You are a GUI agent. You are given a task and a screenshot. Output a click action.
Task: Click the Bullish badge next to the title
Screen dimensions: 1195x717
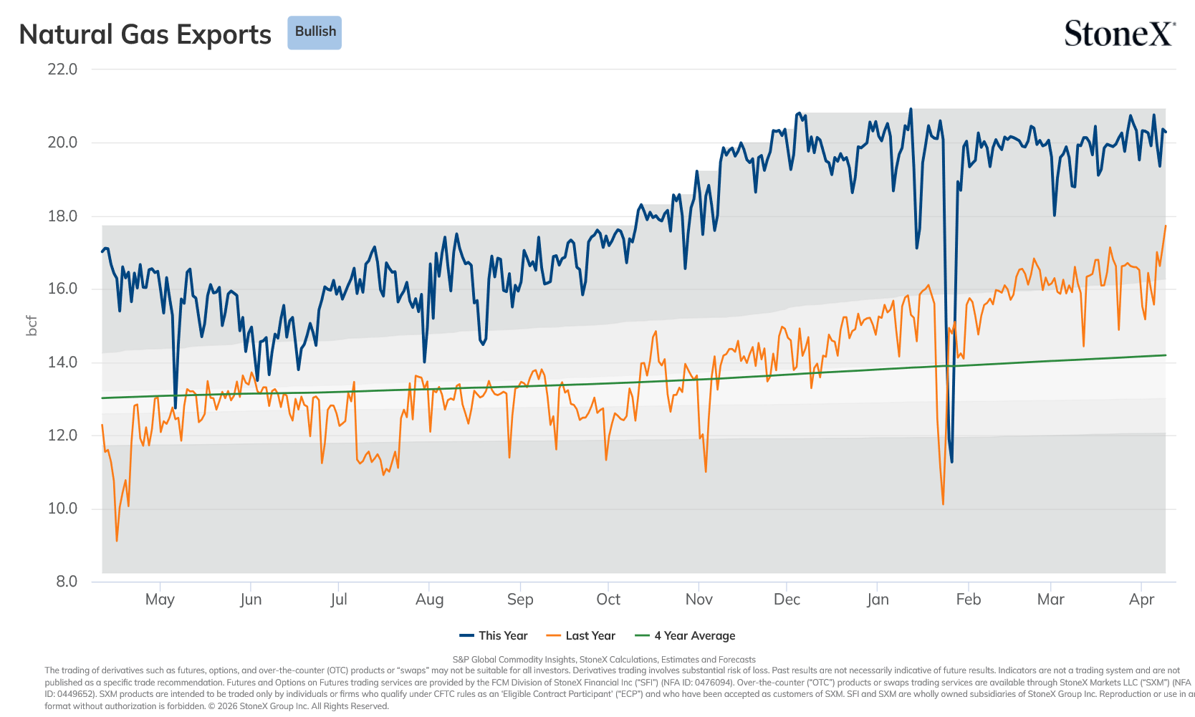(315, 32)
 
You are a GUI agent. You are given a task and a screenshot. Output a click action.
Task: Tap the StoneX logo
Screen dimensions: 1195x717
(1120, 33)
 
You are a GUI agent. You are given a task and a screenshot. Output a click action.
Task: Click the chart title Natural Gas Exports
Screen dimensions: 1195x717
(145, 34)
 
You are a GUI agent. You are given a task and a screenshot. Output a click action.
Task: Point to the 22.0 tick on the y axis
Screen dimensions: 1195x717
(62, 69)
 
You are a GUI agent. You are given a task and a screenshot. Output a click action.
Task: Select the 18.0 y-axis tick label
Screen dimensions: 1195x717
(62, 216)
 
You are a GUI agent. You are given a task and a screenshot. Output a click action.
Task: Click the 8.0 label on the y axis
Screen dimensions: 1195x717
(67, 582)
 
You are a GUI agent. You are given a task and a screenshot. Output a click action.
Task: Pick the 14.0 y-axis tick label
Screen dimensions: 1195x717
(62, 362)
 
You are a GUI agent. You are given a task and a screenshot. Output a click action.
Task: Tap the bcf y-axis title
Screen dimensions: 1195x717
(32, 326)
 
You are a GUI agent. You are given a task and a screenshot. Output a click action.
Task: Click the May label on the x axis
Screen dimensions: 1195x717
(160, 600)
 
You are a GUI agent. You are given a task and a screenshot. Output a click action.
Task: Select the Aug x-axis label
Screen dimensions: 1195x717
(429, 600)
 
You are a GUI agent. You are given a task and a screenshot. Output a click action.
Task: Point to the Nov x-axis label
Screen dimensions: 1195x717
(699, 600)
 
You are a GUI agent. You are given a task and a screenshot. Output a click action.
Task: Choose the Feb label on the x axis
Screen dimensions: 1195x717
(969, 600)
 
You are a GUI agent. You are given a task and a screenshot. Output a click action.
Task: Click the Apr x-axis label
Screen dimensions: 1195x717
(1142, 600)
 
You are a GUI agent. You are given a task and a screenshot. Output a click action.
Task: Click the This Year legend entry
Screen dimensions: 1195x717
(494, 635)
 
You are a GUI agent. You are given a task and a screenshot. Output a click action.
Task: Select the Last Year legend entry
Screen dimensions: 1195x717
(581, 635)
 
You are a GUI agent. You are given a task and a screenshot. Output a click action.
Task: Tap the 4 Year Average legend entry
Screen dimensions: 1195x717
(685, 635)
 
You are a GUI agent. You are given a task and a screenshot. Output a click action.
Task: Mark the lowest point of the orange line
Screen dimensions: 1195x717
(117, 541)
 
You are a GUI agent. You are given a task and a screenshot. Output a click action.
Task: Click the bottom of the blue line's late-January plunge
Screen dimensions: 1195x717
(951, 462)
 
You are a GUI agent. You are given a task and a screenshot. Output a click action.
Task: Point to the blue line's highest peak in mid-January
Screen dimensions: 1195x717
(911, 109)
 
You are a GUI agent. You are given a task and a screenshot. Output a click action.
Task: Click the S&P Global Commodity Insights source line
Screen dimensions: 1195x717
(604, 660)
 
